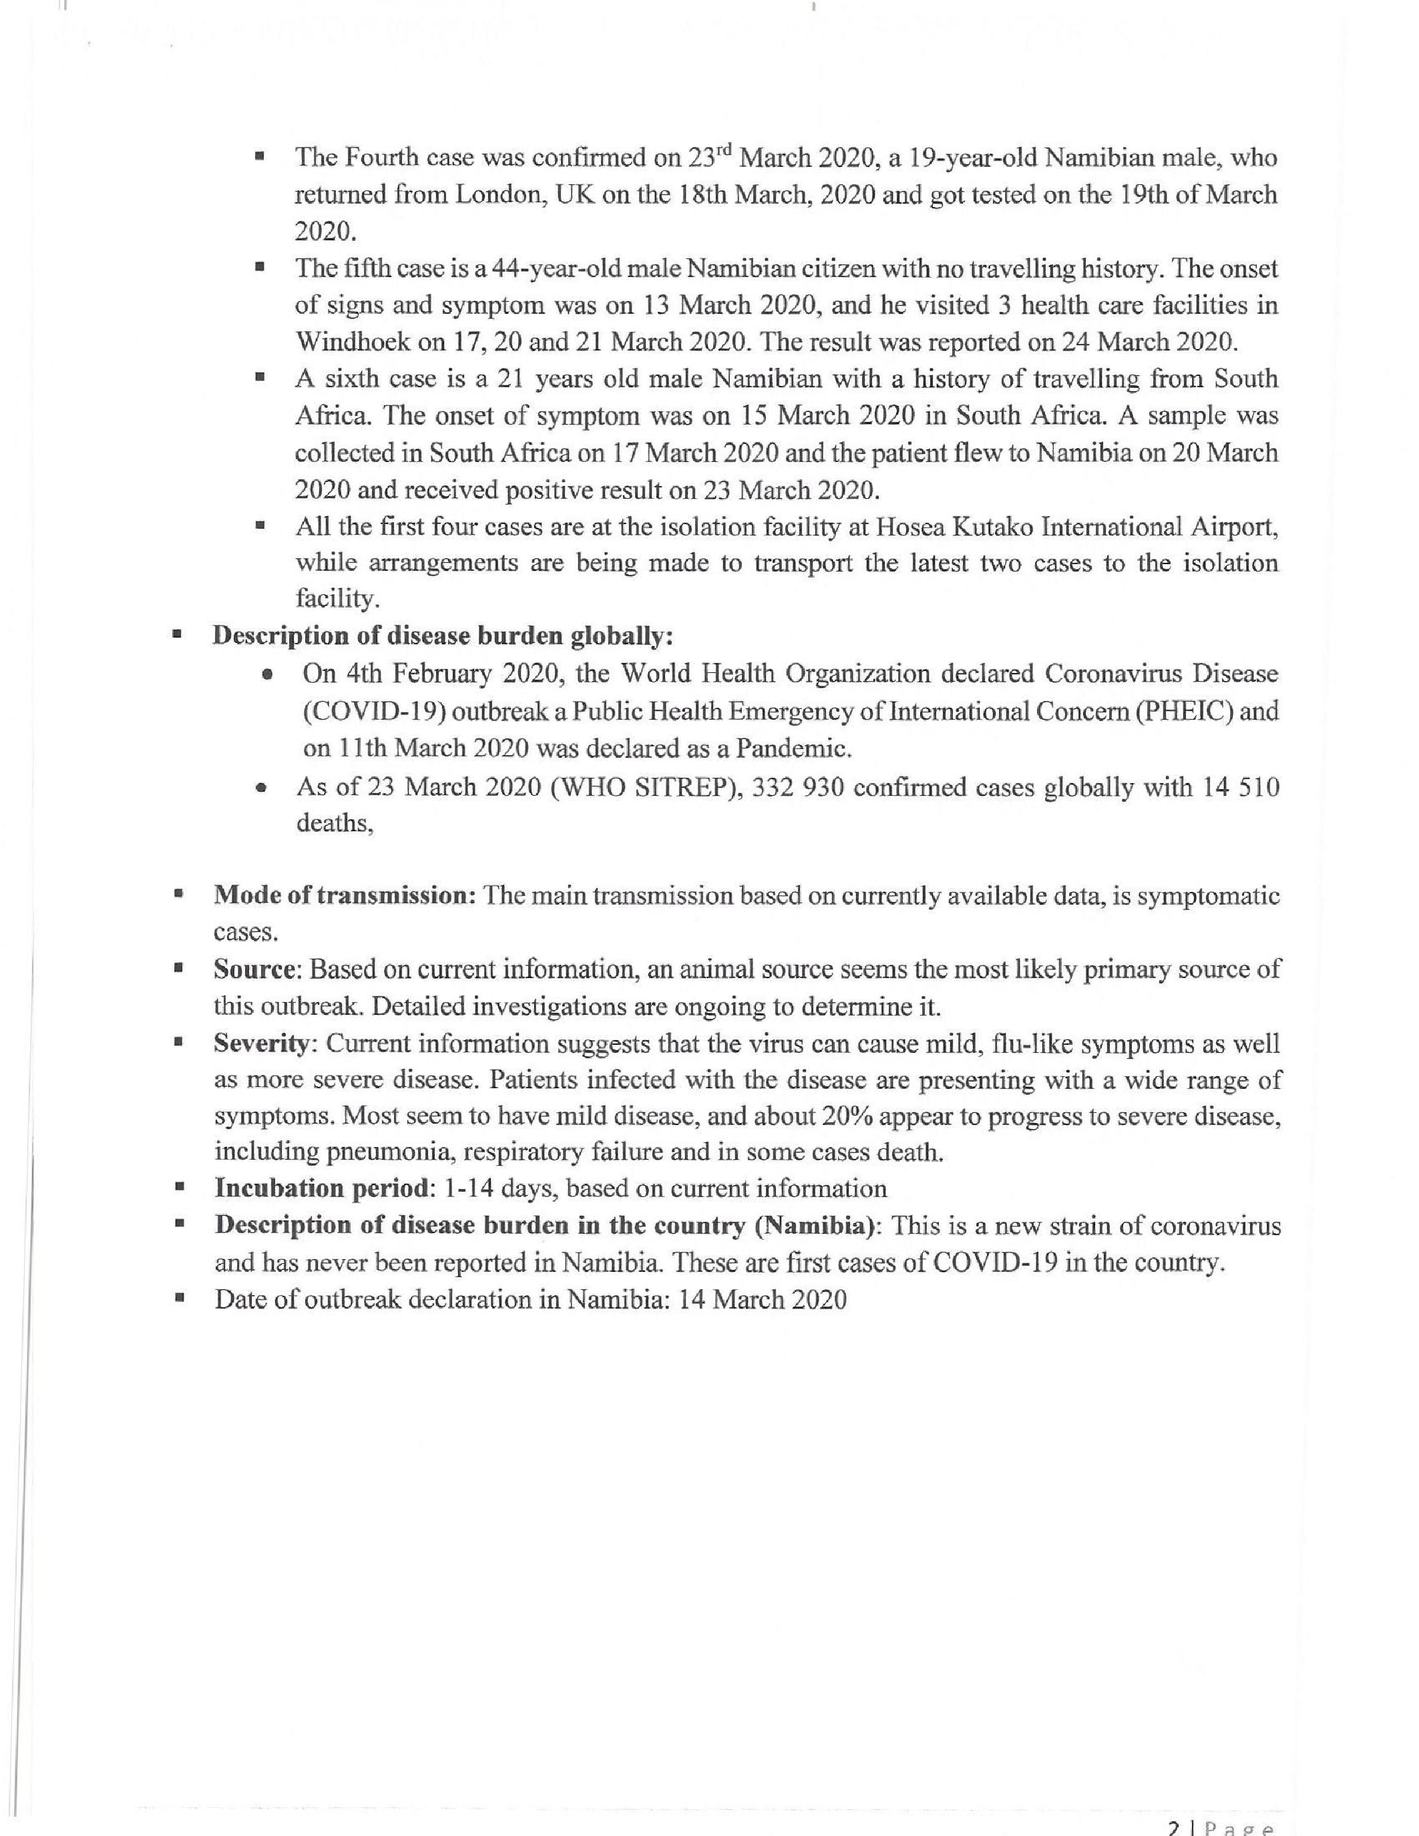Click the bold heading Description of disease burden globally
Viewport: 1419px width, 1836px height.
click(x=443, y=636)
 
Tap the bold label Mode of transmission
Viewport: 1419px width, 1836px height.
click(x=345, y=896)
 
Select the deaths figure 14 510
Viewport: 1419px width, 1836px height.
click(x=1238, y=788)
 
